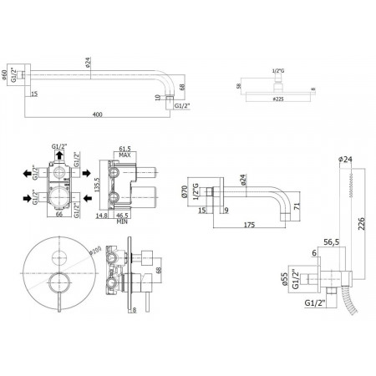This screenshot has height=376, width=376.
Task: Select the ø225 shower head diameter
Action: tap(277, 111)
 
